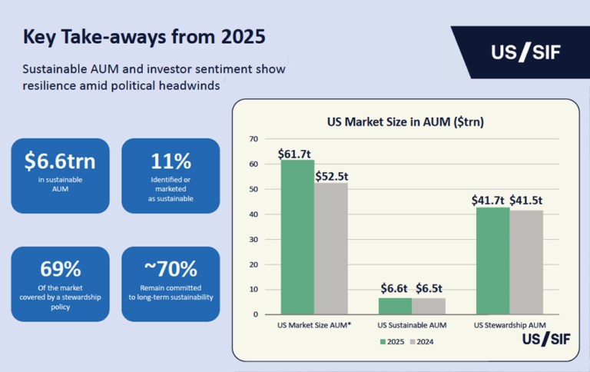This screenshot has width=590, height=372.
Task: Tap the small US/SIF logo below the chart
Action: [545, 338]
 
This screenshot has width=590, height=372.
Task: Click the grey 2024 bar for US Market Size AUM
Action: [331, 248]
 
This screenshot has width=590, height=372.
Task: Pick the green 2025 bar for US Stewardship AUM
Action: [493, 261]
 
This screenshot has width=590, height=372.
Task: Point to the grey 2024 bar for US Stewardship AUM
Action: [526, 262]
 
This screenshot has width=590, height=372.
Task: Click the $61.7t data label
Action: [297, 154]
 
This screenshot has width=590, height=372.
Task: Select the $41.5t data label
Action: [527, 201]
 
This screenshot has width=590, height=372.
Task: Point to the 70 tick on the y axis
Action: [254, 139]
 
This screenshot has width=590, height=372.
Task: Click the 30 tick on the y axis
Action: [254, 239]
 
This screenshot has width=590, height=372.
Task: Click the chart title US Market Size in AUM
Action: [405, 121]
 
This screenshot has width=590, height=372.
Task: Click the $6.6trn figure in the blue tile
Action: [60, 161]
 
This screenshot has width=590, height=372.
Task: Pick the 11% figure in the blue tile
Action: [171, 161]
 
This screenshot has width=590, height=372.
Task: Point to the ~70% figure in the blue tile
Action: [171, 269]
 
